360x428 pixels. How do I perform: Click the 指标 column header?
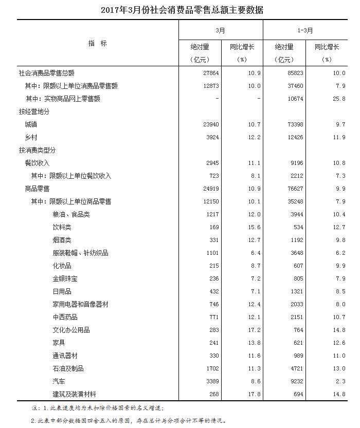(98, 44)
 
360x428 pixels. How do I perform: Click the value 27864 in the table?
(211, 73)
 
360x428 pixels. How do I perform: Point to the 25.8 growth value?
(337, 99)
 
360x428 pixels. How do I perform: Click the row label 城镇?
(31, 124)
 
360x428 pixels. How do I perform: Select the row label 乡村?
(31, 137)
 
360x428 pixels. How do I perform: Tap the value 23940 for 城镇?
(211, 124)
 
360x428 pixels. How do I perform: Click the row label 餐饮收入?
(38, 163)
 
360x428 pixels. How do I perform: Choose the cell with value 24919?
(211, 189)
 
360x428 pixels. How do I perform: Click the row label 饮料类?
(62, 227)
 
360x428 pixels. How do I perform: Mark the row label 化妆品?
(62, 266)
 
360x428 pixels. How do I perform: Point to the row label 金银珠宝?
(65, 278)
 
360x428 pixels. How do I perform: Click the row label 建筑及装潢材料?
(75, 394)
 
